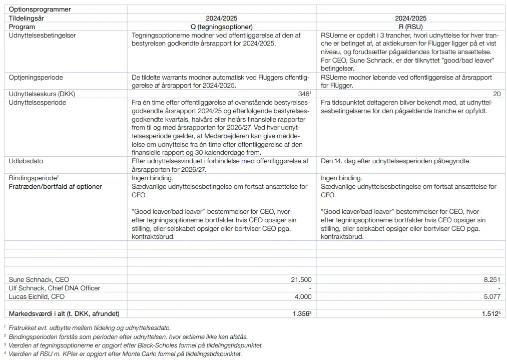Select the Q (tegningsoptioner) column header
point(222,27)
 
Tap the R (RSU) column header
point(410,27)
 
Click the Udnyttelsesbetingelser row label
point(43,36)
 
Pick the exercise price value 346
point(303,94)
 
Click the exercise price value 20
point(496,94)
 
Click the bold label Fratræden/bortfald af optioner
point(56,186)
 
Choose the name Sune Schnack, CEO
point(39,279)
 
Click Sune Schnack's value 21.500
point(301,279)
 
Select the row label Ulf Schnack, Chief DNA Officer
point(55,288)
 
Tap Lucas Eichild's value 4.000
point(303,296)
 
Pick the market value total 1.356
point(301,314)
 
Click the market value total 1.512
point(490,314)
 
